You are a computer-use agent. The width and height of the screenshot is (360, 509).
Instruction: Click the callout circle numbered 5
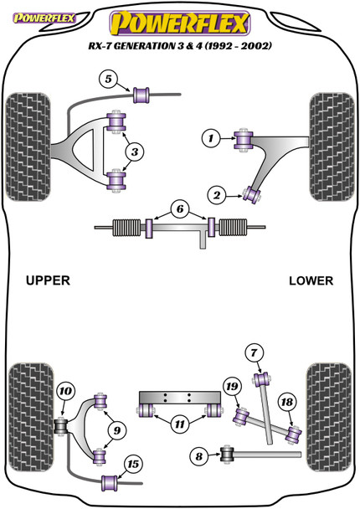[x=107, y=80]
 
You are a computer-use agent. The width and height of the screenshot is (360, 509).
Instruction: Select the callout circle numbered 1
[x=212, y=136]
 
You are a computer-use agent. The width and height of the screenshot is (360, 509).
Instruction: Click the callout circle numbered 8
[x=198, y=455]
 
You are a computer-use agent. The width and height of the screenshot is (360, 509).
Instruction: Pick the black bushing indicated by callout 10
[x=61, y=428]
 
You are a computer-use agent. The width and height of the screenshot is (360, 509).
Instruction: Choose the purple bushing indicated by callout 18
[x=294, y=434]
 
